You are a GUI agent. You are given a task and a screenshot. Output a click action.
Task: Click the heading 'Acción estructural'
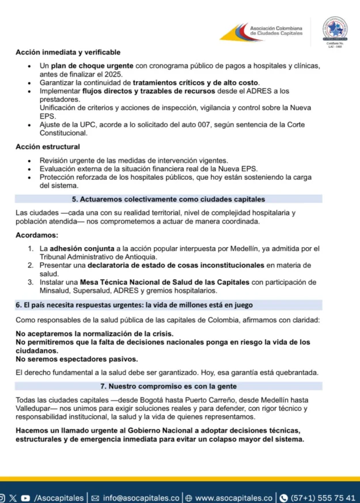point(48,146)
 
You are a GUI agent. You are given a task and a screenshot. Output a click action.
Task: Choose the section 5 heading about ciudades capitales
point(168,199)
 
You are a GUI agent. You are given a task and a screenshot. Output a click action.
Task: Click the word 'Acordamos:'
point(37,235)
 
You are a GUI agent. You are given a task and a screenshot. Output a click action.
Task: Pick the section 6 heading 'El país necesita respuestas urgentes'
point(135,305)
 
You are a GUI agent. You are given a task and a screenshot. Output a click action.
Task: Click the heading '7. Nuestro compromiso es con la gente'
point(168,385)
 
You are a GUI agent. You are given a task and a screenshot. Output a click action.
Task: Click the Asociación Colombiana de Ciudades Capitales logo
point(263,31)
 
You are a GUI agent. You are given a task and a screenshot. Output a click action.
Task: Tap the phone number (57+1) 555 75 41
point(321,498)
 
